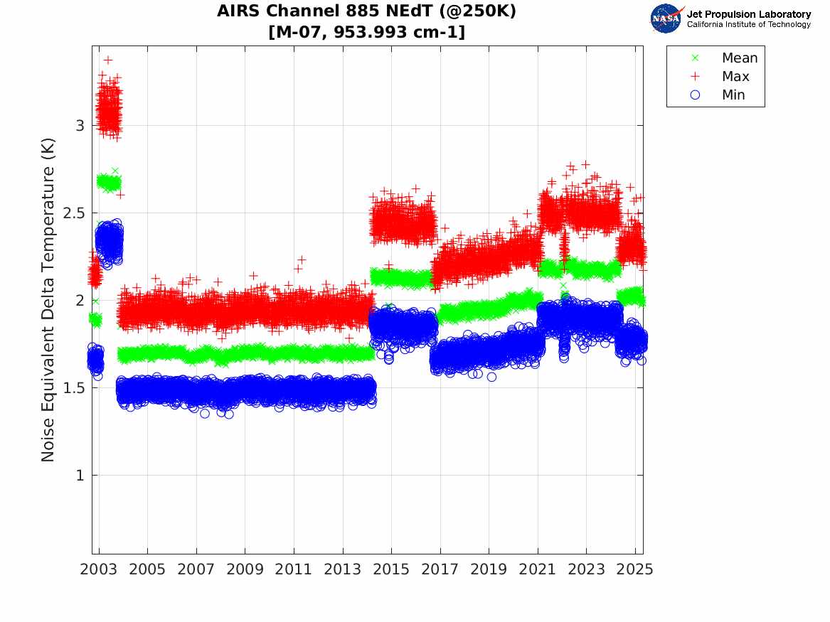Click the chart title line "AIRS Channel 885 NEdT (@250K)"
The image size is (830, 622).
pos(366,11)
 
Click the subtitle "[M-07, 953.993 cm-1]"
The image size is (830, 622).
pos(366,32)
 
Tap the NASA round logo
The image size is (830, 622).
pos(666,18)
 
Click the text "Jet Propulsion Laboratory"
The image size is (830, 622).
pos(748,14)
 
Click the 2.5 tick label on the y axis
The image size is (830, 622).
pos(73,213)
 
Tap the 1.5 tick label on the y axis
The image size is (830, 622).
pos(73,388)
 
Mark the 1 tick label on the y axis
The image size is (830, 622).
pos(80,476)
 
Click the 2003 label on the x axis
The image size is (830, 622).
pos(99,569)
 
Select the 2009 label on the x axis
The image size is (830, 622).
pos(245,569)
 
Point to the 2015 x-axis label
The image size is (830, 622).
pos(392,569)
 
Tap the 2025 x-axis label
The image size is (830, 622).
pos(635,569)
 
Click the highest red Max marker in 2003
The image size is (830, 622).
pos(108,60)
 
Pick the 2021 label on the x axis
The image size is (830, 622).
pos(538,569)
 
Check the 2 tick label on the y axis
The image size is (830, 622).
pos(80,301)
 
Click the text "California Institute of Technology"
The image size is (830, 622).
pos(748,25)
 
